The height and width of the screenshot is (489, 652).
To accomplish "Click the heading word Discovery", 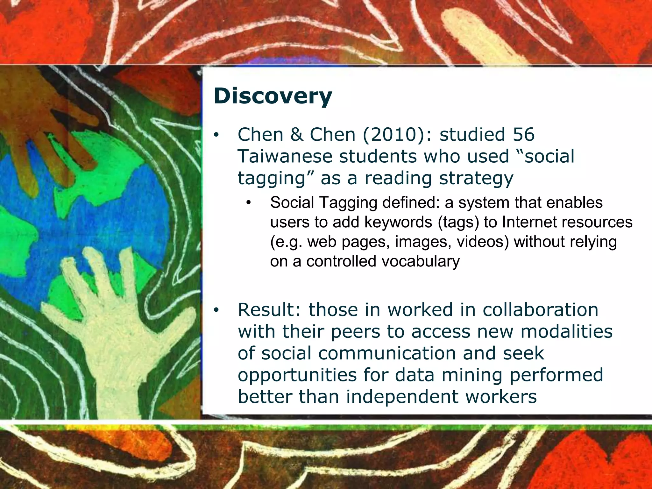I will (x=273, y=96).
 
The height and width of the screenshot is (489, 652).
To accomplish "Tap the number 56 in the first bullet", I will (x=523, y=135).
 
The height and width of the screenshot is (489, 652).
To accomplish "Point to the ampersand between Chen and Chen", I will (x=296, y=135).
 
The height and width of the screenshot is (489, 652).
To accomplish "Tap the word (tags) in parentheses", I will (x=458, y=222).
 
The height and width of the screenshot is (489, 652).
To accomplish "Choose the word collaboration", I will (x=540, y=310).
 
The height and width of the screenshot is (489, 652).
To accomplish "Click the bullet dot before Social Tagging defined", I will (x=249, y=203).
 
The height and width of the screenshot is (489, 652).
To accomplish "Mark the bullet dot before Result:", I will (x=216, y=310).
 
